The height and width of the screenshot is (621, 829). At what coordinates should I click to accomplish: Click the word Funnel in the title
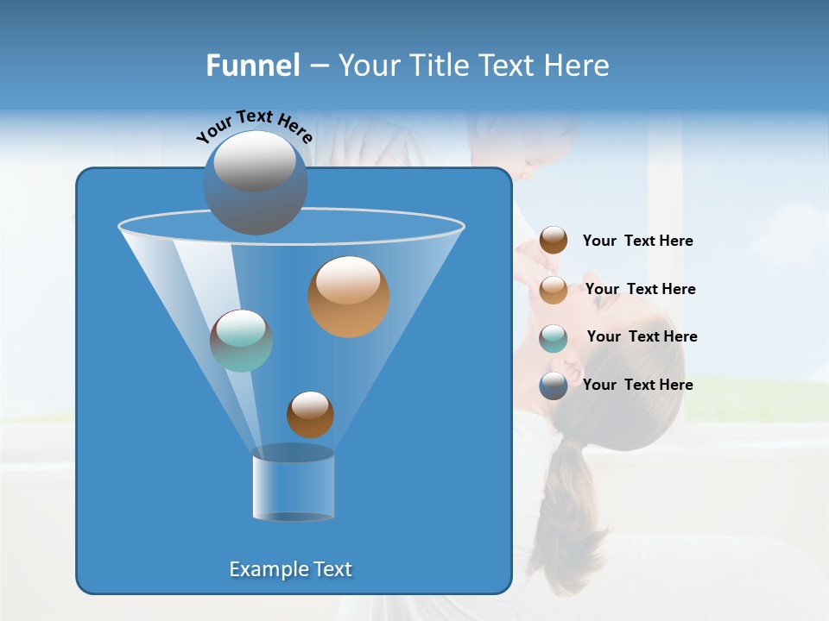252,66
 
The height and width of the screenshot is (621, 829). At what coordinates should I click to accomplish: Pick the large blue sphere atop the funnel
255,183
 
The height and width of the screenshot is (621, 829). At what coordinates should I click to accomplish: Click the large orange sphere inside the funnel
349,297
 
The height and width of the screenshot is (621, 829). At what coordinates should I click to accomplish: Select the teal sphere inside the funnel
242,341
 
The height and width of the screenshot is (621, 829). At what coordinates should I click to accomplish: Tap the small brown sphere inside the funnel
310,415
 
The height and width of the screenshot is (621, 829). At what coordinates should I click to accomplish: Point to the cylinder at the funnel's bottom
293,485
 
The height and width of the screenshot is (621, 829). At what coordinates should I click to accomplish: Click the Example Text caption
290,569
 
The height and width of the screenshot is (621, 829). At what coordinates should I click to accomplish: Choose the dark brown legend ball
554,241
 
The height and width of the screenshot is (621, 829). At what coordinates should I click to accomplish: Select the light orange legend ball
554,290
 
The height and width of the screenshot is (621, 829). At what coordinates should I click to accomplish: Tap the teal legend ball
554,338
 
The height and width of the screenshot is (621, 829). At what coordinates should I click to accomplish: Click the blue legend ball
554,386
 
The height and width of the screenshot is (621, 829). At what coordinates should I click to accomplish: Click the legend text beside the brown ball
637,241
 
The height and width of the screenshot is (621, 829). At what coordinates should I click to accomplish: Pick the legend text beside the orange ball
640,289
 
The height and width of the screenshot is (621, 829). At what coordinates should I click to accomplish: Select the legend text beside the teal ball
642,336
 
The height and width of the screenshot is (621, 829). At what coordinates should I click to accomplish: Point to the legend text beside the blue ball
637,385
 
